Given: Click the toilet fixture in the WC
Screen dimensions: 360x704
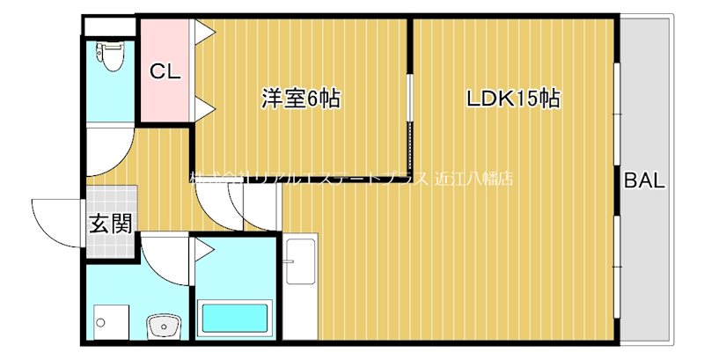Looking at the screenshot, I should pos(110,56).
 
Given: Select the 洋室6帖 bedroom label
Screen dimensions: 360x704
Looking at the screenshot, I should pos(300,98).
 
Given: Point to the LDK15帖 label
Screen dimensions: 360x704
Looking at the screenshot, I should pos(513,98).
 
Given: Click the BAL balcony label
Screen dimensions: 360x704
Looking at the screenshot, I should pos(644,182).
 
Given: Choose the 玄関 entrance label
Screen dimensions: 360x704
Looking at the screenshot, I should pos(111,224).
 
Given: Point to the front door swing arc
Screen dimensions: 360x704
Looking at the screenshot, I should pos(55,220).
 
